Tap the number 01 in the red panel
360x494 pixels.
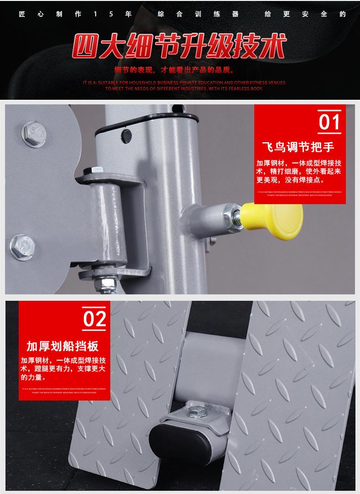point(329,122)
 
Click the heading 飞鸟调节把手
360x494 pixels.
point(298,147)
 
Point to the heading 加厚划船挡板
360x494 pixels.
point(62,346)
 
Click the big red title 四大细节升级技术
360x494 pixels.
point(180,47)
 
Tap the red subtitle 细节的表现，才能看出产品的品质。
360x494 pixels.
point(175,70)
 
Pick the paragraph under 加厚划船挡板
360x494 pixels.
point(63,369)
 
